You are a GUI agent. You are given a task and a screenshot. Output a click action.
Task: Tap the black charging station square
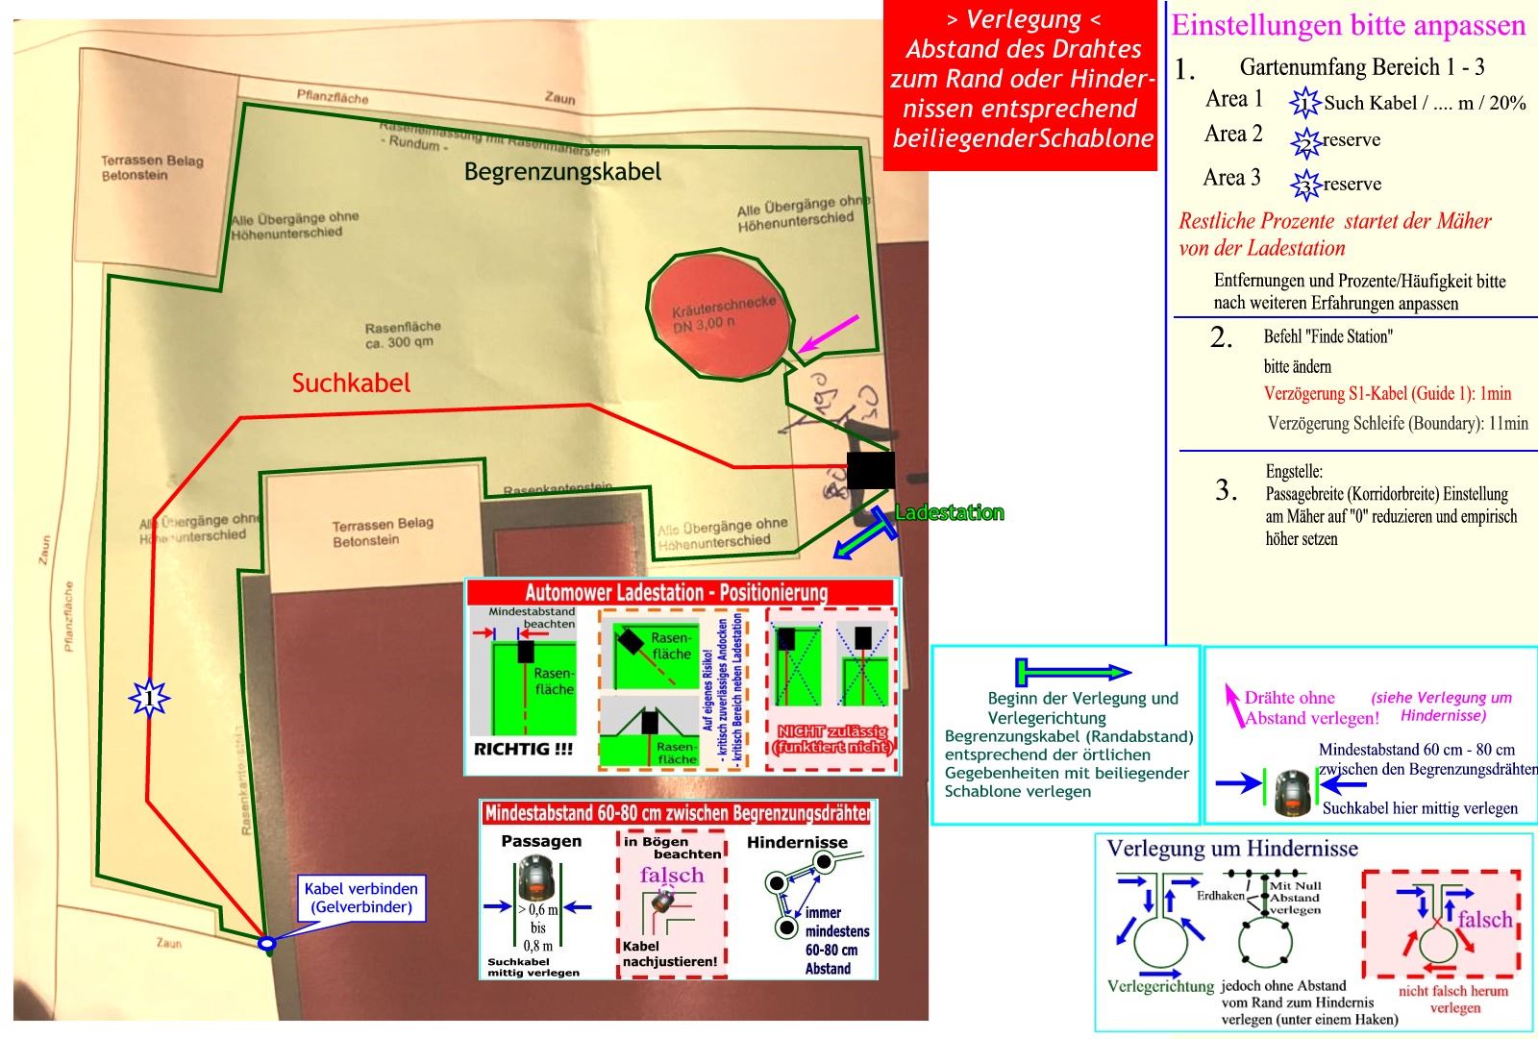point(870,471)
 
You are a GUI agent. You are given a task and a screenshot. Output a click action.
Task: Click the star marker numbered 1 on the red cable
point(149,697)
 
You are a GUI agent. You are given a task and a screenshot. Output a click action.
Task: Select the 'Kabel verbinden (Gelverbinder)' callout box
point(361,898)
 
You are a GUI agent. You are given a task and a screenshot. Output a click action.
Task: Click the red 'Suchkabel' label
point(351,383)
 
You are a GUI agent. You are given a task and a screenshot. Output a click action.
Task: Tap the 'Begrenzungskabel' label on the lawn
point(562,172)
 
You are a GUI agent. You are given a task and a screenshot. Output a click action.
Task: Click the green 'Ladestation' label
point(949,513)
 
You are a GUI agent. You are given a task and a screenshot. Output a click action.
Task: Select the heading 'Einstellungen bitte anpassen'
point(1348,25)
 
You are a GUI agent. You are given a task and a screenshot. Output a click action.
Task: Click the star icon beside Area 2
point(1305,142)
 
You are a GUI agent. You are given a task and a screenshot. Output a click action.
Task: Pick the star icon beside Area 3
point(1305,185)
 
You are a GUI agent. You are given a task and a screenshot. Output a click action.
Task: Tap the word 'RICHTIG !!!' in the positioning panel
point(523,749)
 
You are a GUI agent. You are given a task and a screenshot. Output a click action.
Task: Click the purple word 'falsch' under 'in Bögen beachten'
point(672,875)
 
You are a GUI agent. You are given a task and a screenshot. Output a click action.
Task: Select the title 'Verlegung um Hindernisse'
point(1232,849)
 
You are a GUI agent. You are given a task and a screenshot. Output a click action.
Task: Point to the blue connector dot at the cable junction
point(267,945)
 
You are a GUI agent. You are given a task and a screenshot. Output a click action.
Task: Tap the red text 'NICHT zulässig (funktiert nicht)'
point(832,739)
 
